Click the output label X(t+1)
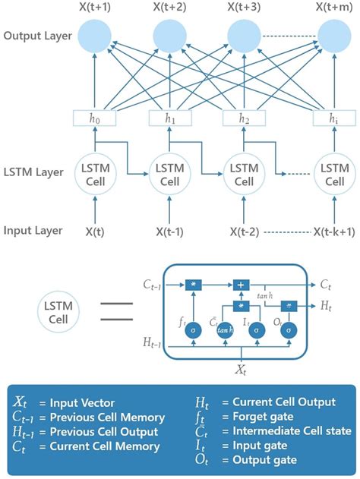coord(96,7)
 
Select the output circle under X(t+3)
coord(245,35)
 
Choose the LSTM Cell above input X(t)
coord(96,175)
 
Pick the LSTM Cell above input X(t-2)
coord(245,175)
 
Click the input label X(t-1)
coord(170,231)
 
